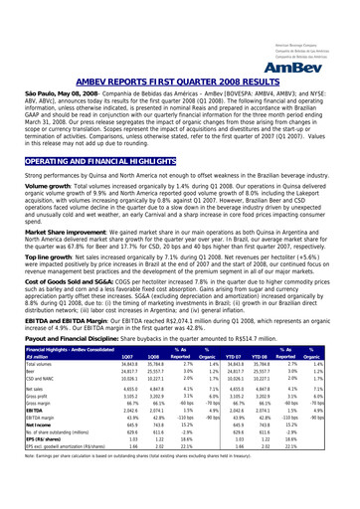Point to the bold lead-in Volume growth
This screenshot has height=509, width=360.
(26, 163)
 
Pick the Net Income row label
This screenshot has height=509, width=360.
(22, 453)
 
